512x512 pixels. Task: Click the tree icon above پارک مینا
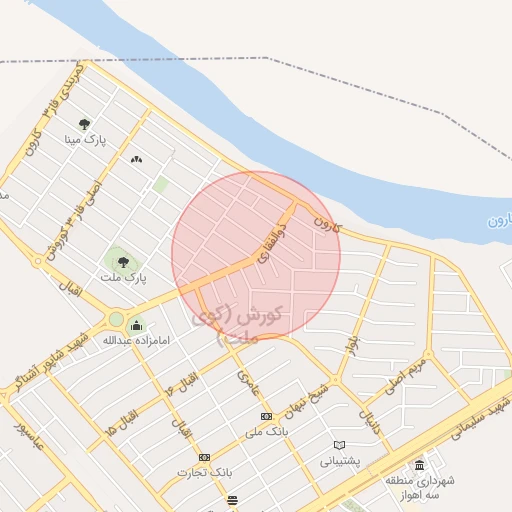(x=96, y=124)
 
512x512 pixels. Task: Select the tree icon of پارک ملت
(x=123, y=262)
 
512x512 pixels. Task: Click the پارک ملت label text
(x=126, y=277)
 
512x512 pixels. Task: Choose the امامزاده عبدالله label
(x=124, y=341)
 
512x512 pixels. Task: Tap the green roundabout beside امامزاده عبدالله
(x=116, y=320)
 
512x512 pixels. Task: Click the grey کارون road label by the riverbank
(x=326, y=220)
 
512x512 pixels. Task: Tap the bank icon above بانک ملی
(x=265, y=416)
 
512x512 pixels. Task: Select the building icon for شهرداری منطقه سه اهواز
(x=418, y=465)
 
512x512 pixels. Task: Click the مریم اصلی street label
(x=405, y=376)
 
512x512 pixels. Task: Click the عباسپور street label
(x=30, y=437)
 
